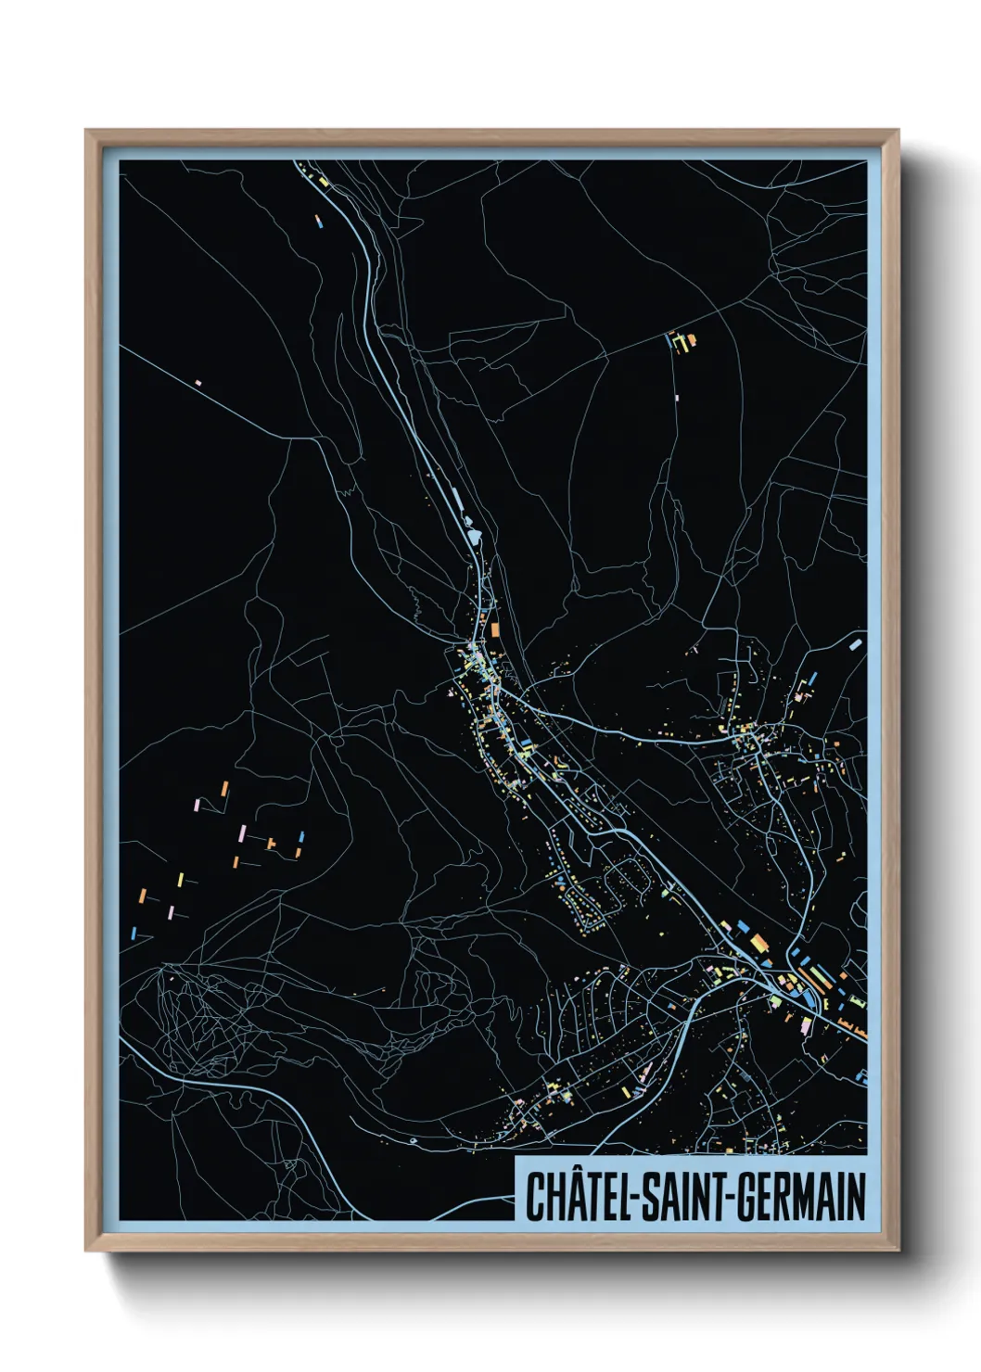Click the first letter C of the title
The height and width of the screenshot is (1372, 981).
coord(535,1196)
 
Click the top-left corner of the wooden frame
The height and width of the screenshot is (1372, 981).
coord(87,132)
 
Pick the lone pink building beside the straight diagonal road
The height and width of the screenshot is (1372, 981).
coord(197,381)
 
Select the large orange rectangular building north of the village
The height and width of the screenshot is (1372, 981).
coord(495,630)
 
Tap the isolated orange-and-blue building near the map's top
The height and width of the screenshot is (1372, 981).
coord(318,221)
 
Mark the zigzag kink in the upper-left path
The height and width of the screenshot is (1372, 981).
coord(346,492)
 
